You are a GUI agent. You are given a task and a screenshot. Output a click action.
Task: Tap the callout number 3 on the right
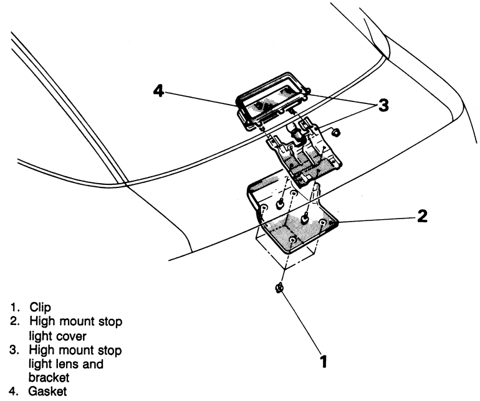coord(383,105)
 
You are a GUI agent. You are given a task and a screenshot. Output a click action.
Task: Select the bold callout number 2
coord(422,217)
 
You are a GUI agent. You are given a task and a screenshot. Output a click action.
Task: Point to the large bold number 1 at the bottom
coord(324,361)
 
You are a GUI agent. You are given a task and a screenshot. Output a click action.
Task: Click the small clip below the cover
coord(279,288)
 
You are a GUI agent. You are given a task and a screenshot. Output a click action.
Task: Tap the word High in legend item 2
coord(33,321)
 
